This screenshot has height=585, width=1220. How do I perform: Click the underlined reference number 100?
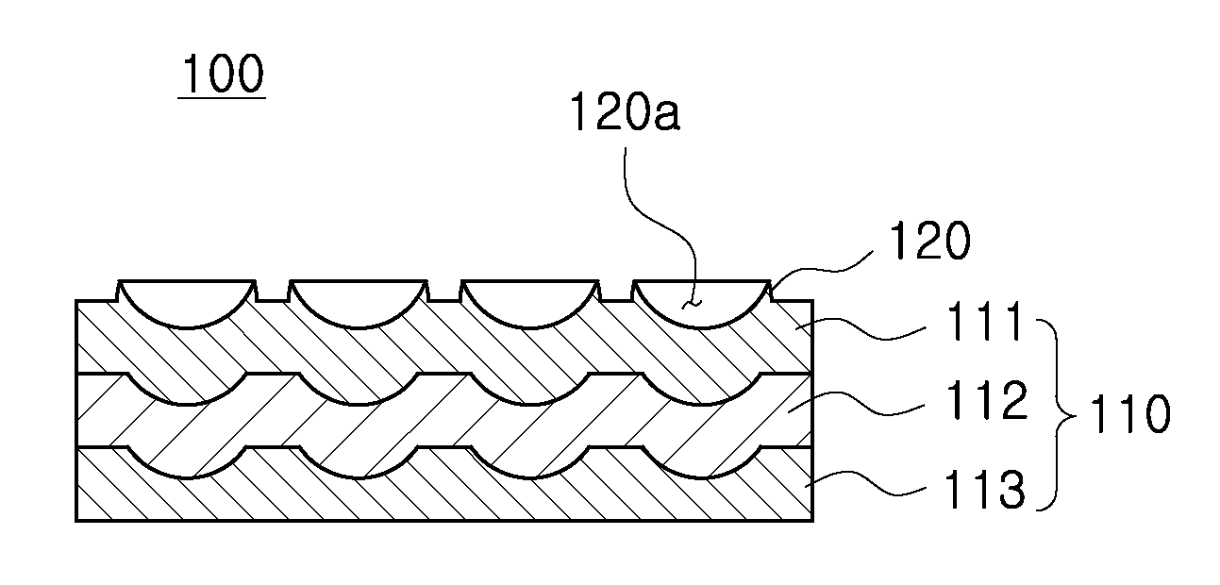223,75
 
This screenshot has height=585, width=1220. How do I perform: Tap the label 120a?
625,111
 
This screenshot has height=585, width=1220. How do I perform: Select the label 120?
929,240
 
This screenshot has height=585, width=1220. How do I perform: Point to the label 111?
983,322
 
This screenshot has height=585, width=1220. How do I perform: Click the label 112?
986,400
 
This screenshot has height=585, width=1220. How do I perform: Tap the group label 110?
1129,414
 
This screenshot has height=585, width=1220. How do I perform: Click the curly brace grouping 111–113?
1057,415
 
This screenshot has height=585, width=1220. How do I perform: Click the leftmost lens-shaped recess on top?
188,304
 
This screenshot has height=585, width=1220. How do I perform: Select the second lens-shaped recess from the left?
359,304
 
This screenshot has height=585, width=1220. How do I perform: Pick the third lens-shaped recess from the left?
530,304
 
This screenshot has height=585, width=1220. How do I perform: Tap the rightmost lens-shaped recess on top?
701,304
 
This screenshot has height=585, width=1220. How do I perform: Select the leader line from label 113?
866,484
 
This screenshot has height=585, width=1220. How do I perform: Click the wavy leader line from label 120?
823,268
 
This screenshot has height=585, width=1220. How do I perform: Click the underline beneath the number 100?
222,98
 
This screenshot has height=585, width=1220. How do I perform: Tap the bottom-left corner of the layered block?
76,521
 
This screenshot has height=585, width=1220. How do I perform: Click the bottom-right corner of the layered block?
812,521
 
